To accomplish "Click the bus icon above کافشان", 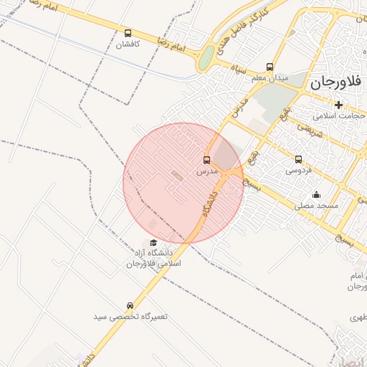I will pyautogui.click(x=128, y=33).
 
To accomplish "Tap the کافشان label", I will pyautogui.click(x=130, y=44).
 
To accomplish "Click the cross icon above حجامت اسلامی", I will pyautogui.click(x=339, y=105).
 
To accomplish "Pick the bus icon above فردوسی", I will pyautogui.click(x=298, y=160).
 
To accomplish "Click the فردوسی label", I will pyautogui.click(x=298, y=171).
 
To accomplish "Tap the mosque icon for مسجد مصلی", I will pyautogui.click(x=316, y=194).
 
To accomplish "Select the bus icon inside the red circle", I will pyautogui.click(x=207, y=160).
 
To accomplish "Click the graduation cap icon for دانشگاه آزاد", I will pyautogui.click(x=153, y=242).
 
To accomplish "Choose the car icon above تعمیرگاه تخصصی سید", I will pyautogui.click(x=130, y=305).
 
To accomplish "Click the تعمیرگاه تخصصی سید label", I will pyautogui.click(x=130, y=316).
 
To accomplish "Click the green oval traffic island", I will pyautogui.click(x=206, y=58).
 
